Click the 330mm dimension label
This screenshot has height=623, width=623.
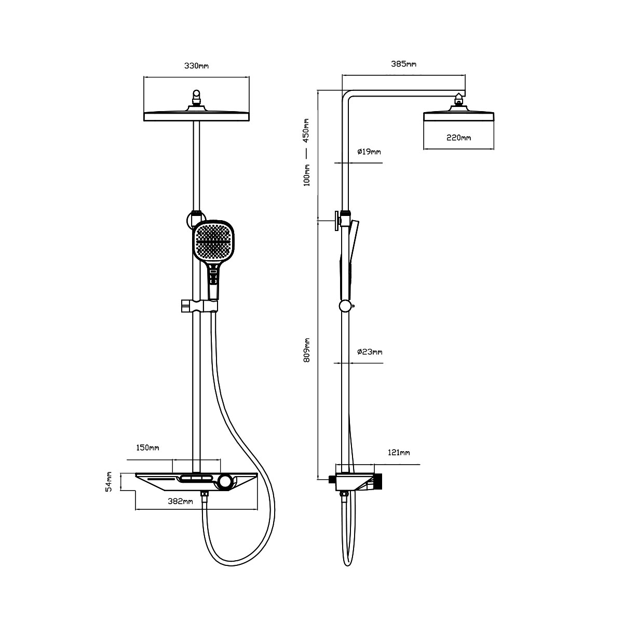(196, 66)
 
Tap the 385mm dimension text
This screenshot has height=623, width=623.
(403, 64)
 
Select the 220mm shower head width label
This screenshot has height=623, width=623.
(458, 138)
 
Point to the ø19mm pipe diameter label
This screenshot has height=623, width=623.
(369, 152)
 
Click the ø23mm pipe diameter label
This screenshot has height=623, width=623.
(370, 352)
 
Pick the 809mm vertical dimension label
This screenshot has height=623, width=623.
(307, 350)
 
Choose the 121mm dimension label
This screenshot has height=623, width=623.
(399, 453)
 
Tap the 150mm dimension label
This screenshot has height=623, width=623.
(147, 448)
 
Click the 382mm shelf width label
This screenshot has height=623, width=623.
(180, 502)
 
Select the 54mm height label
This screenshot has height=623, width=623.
(109, 482)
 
